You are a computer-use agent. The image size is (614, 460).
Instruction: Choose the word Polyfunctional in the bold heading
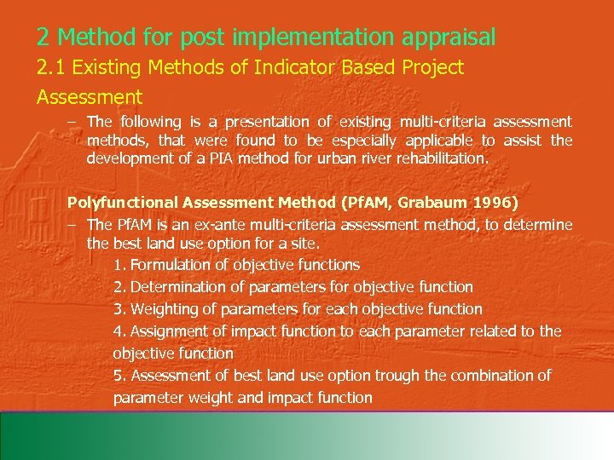click(x=119, y=203)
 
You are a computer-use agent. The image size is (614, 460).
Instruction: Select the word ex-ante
click(x=224, y=225)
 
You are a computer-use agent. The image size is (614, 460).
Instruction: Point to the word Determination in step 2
click(x=182, y=287)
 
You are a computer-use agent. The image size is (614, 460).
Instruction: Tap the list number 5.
click(x=118, y=376)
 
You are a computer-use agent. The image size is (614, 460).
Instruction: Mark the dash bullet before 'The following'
click(x=74, y=123)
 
